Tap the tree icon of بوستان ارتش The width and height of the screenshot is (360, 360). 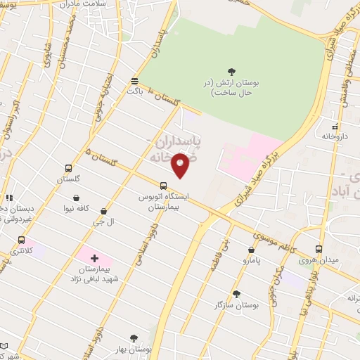tap(232, 70)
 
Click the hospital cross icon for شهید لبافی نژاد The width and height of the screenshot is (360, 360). tap(94, 259)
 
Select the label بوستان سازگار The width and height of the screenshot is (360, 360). tap(237, 306)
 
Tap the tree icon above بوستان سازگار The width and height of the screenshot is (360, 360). tap(236, 295)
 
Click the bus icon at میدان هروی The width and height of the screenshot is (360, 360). tap(319, 250)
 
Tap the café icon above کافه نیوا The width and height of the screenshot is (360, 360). tap(75, 199)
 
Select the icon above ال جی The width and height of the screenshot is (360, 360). tap(104, 211)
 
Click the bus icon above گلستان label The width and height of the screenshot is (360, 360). tap(68, 169)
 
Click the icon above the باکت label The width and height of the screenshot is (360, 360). tap(135, 80)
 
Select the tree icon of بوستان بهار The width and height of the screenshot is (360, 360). tap(134, 338)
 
